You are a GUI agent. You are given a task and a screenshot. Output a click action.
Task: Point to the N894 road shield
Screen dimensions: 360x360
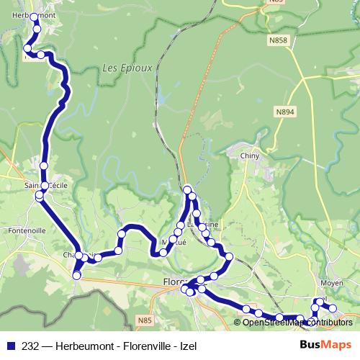point(285,112)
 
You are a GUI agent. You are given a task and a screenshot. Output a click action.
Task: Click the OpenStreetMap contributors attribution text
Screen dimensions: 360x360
point(298,322)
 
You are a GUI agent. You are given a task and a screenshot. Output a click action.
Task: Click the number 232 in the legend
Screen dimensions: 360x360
point(30,346)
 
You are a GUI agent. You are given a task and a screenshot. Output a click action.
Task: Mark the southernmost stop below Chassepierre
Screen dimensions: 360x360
point(76,274)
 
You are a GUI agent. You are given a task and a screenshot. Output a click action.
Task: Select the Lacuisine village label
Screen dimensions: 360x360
point(199,224)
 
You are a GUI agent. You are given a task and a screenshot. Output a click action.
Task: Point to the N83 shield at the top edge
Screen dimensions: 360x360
point(276,2)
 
